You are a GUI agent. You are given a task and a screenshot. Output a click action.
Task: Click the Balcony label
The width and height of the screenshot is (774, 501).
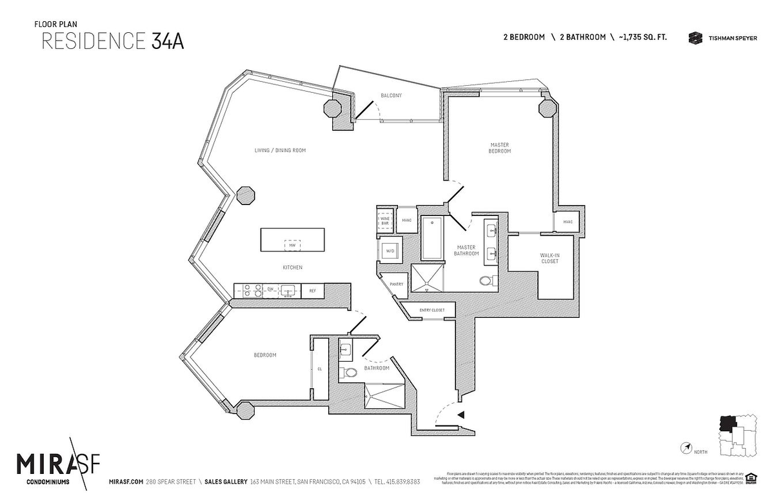click(391, 95)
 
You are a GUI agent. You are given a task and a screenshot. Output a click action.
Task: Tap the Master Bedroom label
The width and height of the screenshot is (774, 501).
click(500, 148)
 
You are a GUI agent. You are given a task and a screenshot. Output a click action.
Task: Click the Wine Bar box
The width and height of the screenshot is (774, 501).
click(385, 221)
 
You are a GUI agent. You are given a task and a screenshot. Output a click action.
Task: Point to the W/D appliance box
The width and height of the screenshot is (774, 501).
click(390, 250)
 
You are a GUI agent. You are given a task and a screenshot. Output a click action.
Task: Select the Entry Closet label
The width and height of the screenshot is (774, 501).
click(432, 311)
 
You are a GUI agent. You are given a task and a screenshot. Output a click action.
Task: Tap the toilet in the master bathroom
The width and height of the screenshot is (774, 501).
click(488, 280)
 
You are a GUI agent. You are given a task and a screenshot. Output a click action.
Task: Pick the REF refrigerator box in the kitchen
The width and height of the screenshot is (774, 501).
click(313, 291)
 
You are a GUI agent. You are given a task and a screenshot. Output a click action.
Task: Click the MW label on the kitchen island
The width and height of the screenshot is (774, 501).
click(292, 245)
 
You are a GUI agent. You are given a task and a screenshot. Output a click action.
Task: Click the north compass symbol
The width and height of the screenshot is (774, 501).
click(687, 447)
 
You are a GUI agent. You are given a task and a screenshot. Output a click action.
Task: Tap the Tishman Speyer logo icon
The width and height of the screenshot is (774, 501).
click(695, 38)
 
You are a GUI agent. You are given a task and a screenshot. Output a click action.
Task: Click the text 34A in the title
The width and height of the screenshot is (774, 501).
click(168, 40)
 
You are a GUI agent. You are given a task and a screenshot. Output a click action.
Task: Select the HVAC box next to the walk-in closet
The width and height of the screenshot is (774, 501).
click(568, 222)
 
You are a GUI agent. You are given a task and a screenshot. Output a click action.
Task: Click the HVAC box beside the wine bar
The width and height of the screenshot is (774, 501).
click(406, 220)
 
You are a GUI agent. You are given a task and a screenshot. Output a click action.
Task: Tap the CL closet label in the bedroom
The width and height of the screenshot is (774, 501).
click(319, 369)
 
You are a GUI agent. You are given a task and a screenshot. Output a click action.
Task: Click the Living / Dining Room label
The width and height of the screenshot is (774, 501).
click(279, 150)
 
